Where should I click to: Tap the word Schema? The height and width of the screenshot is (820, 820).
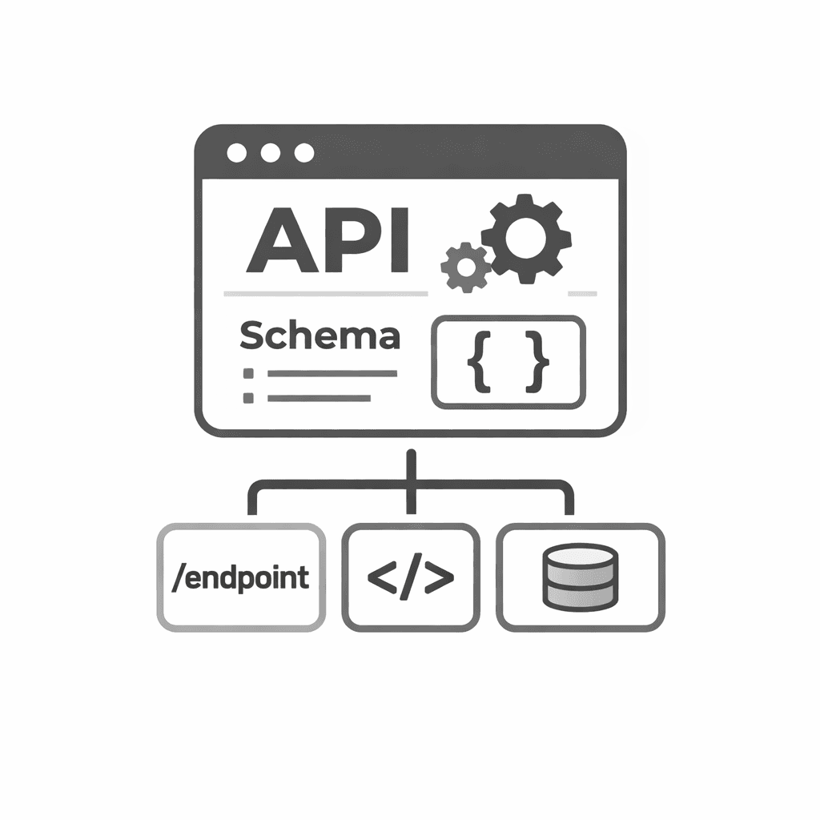tap(319, 336)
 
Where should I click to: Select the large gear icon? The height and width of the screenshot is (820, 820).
tap(526, 238)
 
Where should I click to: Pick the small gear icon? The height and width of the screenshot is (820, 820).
tap(464, 267)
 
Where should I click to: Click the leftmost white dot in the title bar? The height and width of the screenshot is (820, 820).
tap(237, 153)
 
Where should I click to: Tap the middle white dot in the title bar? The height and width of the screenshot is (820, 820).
tap(271, 153)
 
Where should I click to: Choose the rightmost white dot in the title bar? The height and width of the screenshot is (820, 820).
tap(304, 153)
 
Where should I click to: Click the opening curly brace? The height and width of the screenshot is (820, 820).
tap(477, 363)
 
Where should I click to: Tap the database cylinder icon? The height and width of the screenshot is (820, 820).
tap(581, 577)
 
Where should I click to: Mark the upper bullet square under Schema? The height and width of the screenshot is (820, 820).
tap(248, 373)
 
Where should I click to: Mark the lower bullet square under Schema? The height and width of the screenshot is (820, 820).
tap(248, 397)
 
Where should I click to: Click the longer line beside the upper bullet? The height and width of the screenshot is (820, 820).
tap(332, 373)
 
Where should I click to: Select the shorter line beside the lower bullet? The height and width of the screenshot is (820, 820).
tap(320, 397)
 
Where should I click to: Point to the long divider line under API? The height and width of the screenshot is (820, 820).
tap(325, 294)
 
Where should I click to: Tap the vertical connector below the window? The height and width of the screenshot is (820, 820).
tap(412, 480)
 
